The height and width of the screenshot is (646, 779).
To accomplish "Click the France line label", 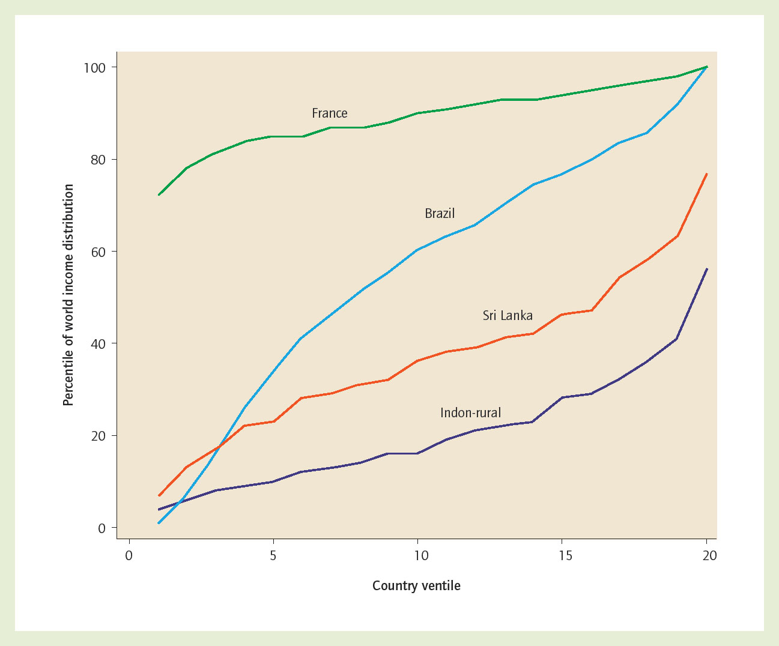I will point(329,113).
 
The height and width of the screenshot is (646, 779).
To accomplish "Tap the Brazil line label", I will point(440,214).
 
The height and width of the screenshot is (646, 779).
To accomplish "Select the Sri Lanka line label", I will point(508,316).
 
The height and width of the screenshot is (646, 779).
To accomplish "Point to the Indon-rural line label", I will point(470,413).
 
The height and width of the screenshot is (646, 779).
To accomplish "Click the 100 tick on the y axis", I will point(94,67).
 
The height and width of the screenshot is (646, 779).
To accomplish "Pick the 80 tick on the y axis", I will point(98,160).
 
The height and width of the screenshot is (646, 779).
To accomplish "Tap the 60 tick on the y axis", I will point(98,252).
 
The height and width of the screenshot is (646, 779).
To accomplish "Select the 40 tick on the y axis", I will point(98,344).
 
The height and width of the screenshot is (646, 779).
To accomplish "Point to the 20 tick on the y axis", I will point(98,436).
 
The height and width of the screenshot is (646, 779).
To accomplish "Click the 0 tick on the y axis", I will point(102,528).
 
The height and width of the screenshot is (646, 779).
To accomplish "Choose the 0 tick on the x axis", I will point(129,556).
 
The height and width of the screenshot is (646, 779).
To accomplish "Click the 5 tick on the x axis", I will point(273,556).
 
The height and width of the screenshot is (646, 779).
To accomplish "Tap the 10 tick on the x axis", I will point(421,556).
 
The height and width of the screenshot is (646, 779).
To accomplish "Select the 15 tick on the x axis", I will point(565,556).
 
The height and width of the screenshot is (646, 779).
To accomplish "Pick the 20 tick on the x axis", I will point(709,556).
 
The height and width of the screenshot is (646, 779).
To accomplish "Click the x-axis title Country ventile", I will point(416,586).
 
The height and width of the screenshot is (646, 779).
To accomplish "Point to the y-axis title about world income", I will point(68,295).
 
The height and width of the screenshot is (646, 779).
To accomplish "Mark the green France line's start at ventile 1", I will point(159,195).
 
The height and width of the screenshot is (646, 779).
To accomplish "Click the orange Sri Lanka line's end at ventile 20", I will point(707,174).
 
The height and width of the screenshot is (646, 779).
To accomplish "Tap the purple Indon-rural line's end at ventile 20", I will point(707,269).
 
